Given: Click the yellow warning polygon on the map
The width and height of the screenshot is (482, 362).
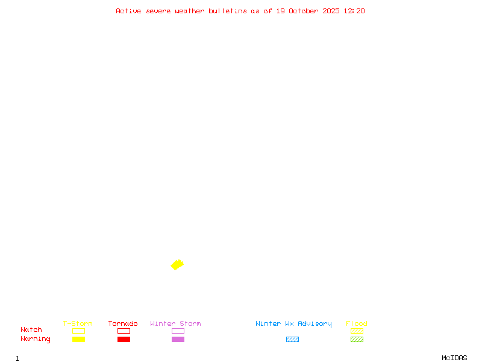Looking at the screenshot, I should pos(177,264).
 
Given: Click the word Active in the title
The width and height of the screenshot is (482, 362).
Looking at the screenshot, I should pos(128,11).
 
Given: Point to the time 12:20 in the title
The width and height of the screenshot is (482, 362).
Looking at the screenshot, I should pos(354,11).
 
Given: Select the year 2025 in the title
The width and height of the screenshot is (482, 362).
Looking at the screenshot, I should pos(331,11).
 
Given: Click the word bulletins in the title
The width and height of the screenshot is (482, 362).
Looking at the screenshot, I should pos(228,11).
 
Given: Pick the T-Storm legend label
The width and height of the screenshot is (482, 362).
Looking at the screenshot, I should pos(78,323).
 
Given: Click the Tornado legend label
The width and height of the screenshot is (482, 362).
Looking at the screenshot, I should pos(123,323).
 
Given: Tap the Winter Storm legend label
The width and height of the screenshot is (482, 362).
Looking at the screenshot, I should pos(175,323).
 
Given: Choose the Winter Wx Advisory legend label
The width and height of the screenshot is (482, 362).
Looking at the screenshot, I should pos(293,323).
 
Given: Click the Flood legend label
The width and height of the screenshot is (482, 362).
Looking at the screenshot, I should pos(357,323).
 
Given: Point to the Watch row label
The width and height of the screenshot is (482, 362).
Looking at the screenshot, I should pos(31,330).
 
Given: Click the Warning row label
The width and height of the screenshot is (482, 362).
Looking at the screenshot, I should pos(36,339).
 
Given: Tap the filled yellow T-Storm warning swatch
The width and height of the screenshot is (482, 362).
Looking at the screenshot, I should pos(78,339).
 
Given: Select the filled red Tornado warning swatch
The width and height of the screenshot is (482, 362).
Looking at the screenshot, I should pos(124,339).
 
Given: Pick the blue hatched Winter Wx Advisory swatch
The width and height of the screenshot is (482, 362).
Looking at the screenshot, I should pos(292,339).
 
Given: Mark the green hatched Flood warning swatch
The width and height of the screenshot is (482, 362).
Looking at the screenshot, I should pos(357,339).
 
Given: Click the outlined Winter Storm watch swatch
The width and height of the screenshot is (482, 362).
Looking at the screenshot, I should pos(178,331).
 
